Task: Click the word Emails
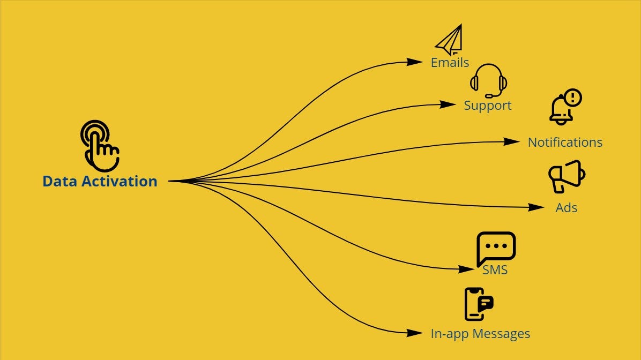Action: click(450, 63)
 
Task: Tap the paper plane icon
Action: click(449, 41)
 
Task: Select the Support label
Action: click(487, 106)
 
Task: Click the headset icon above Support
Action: click(488, 80)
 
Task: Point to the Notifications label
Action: click(565, 142)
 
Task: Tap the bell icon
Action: click(561, 111)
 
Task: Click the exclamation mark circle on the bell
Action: click(573, 97)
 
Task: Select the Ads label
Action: click(566, 208)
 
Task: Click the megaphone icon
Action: click(566, 176)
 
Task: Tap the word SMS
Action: click(495, 269)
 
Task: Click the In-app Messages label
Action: click(480, 334)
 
